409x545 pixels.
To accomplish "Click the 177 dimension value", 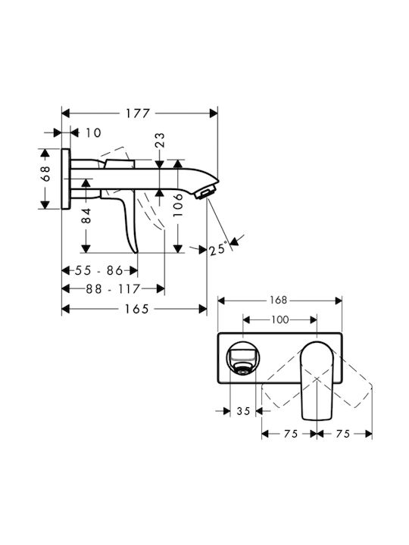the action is [138, 114].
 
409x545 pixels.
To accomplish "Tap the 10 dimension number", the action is [93, 132].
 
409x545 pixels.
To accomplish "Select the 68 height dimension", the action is [45, 174].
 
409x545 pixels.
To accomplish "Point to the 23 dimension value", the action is [160, 140].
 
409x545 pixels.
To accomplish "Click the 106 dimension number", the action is [178, 204].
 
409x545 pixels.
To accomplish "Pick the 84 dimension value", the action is [86, 216].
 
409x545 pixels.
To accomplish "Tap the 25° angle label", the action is [218, 249].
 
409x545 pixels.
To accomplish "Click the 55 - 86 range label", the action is [99, 270].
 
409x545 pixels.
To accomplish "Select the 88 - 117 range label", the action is [113, 288].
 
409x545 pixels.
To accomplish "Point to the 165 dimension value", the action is [136, 309].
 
